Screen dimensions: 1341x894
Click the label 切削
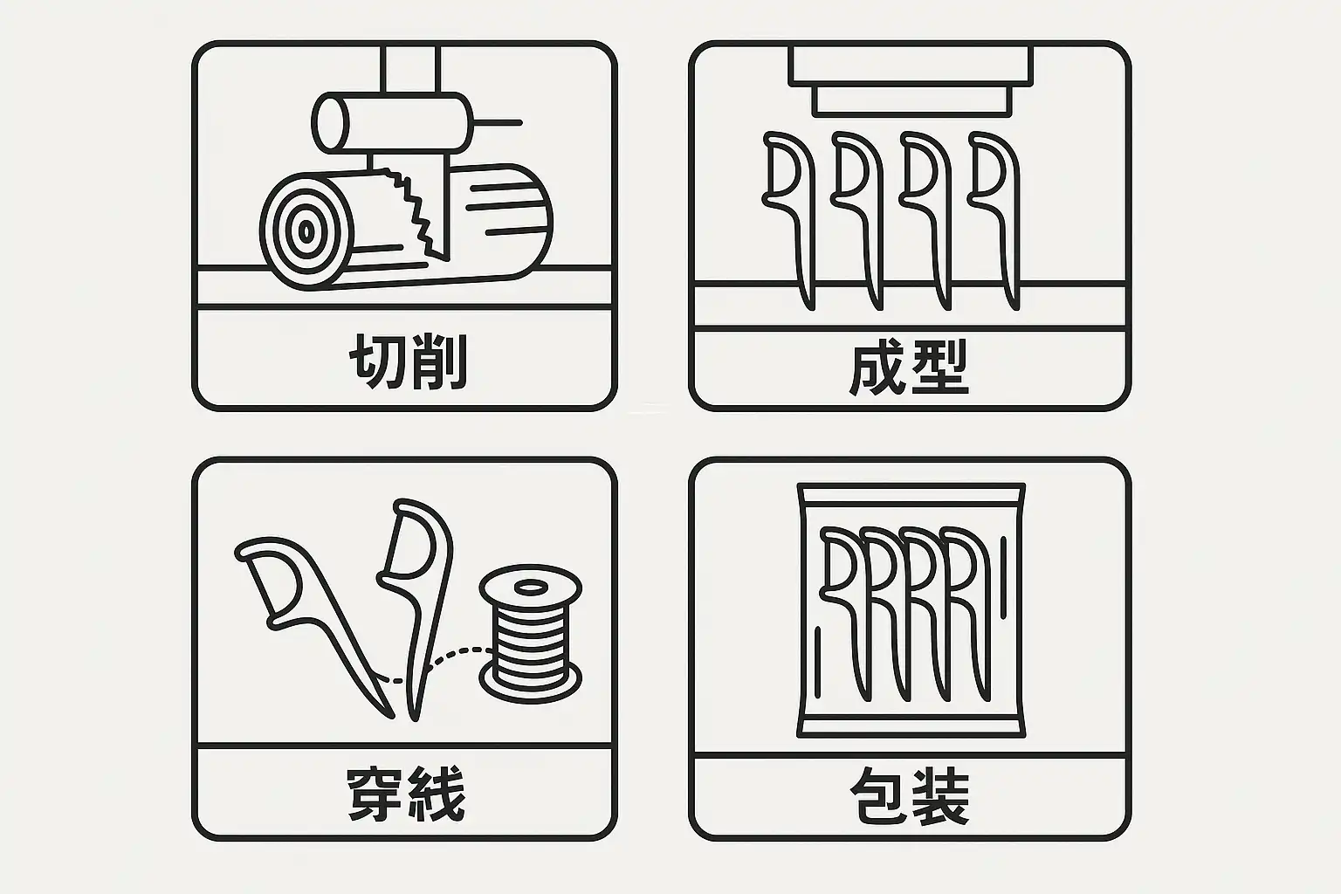(x=408, y=361)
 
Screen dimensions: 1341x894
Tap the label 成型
(x=909, y=367)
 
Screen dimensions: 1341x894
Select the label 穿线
(x=407, y=794)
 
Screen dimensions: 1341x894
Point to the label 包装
(x=910, y=796)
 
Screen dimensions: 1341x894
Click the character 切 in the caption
(x=377, y=361)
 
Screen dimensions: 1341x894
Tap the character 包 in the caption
(x=879, y=796)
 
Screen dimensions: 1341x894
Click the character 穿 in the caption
(x=376, y=794)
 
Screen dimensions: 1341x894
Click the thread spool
(x=531, y=633)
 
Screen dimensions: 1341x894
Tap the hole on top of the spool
(x=531, y=587)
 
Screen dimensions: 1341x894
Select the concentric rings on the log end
(x=306, y=231)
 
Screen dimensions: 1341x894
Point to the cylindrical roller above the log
(x=392, y=123)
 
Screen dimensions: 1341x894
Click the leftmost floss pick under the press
(x=789, y=220)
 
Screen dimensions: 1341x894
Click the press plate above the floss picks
(x=911, y=81)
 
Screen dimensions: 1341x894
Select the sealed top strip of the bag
(x=911, y=494)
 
